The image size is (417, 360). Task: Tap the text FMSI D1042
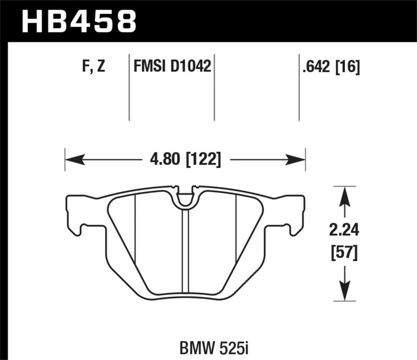(172, 67)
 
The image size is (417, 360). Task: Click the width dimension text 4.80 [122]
(185, 158)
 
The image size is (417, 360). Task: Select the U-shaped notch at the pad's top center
(185, 198)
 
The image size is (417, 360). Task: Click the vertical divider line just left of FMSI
(129, 86)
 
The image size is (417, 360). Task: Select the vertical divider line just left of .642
(299, 86)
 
